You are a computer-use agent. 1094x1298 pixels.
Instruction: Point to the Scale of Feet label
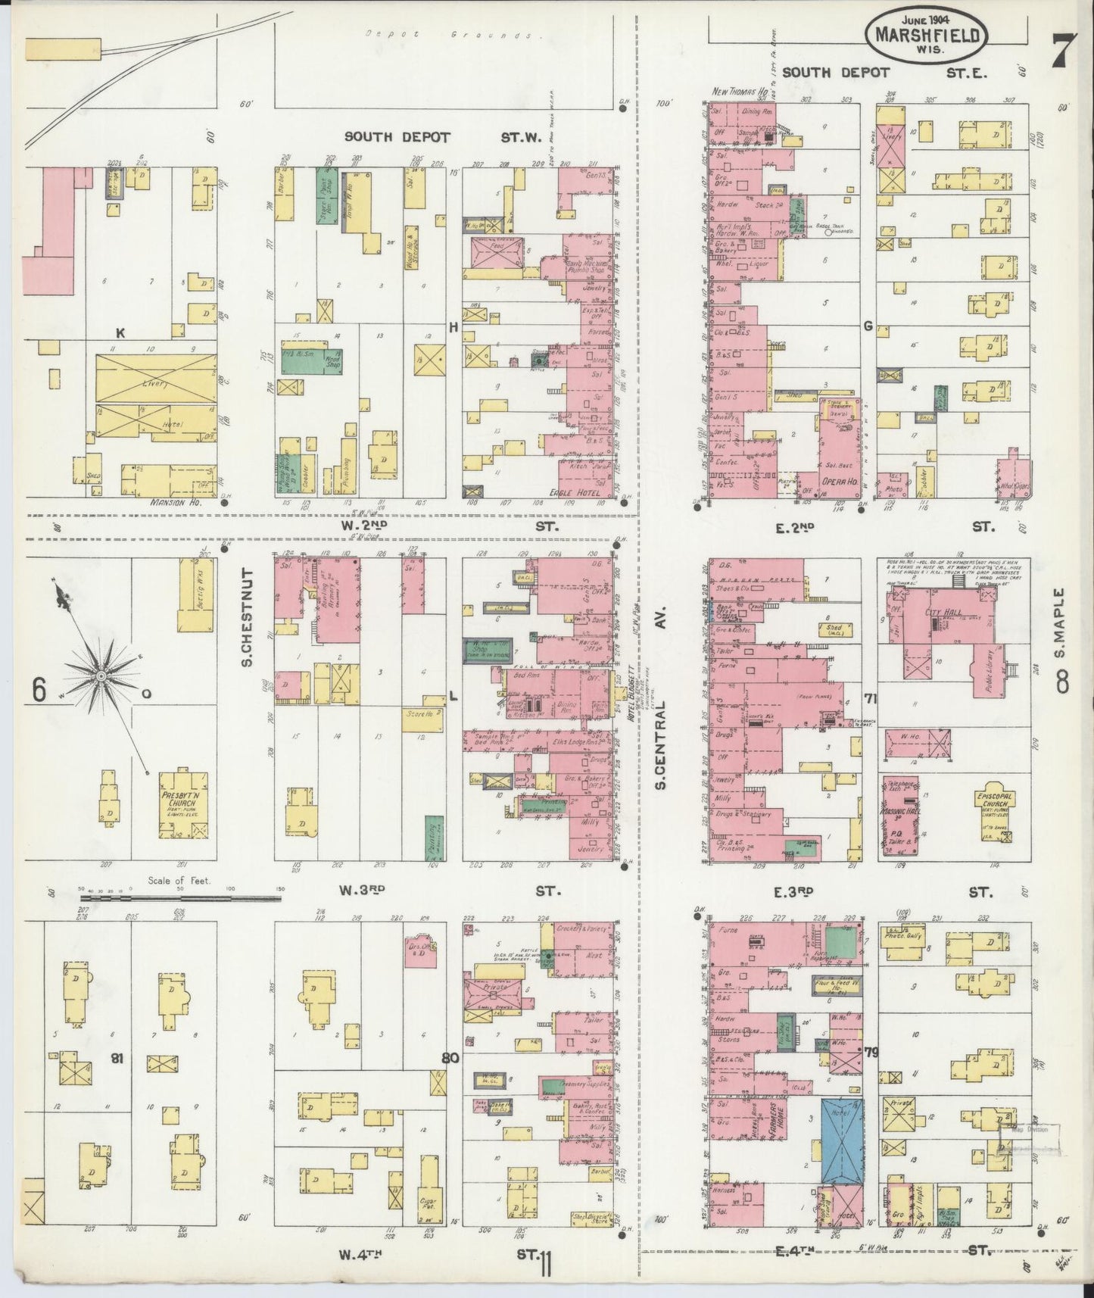(179, 880)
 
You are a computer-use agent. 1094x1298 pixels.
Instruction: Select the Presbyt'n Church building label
(179, 802)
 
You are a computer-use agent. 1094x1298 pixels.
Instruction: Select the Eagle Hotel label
(583, 491)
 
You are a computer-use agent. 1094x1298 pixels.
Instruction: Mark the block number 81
(117, 1059)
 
